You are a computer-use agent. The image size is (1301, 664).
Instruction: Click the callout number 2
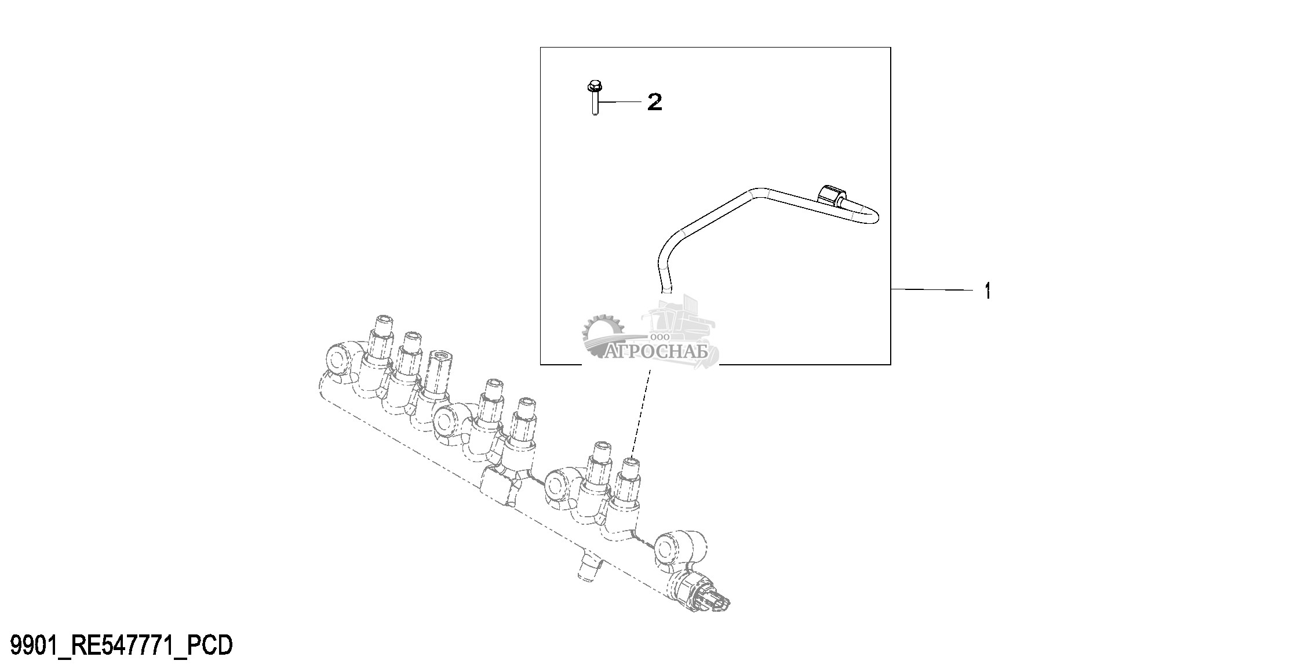(654, 102)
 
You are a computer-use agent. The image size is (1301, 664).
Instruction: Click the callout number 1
(988, 291)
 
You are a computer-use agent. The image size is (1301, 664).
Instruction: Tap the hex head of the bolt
(593, 87)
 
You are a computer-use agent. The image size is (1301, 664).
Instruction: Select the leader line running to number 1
(933, 289)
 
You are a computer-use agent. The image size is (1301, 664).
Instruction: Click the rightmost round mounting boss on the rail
(680, 547)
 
